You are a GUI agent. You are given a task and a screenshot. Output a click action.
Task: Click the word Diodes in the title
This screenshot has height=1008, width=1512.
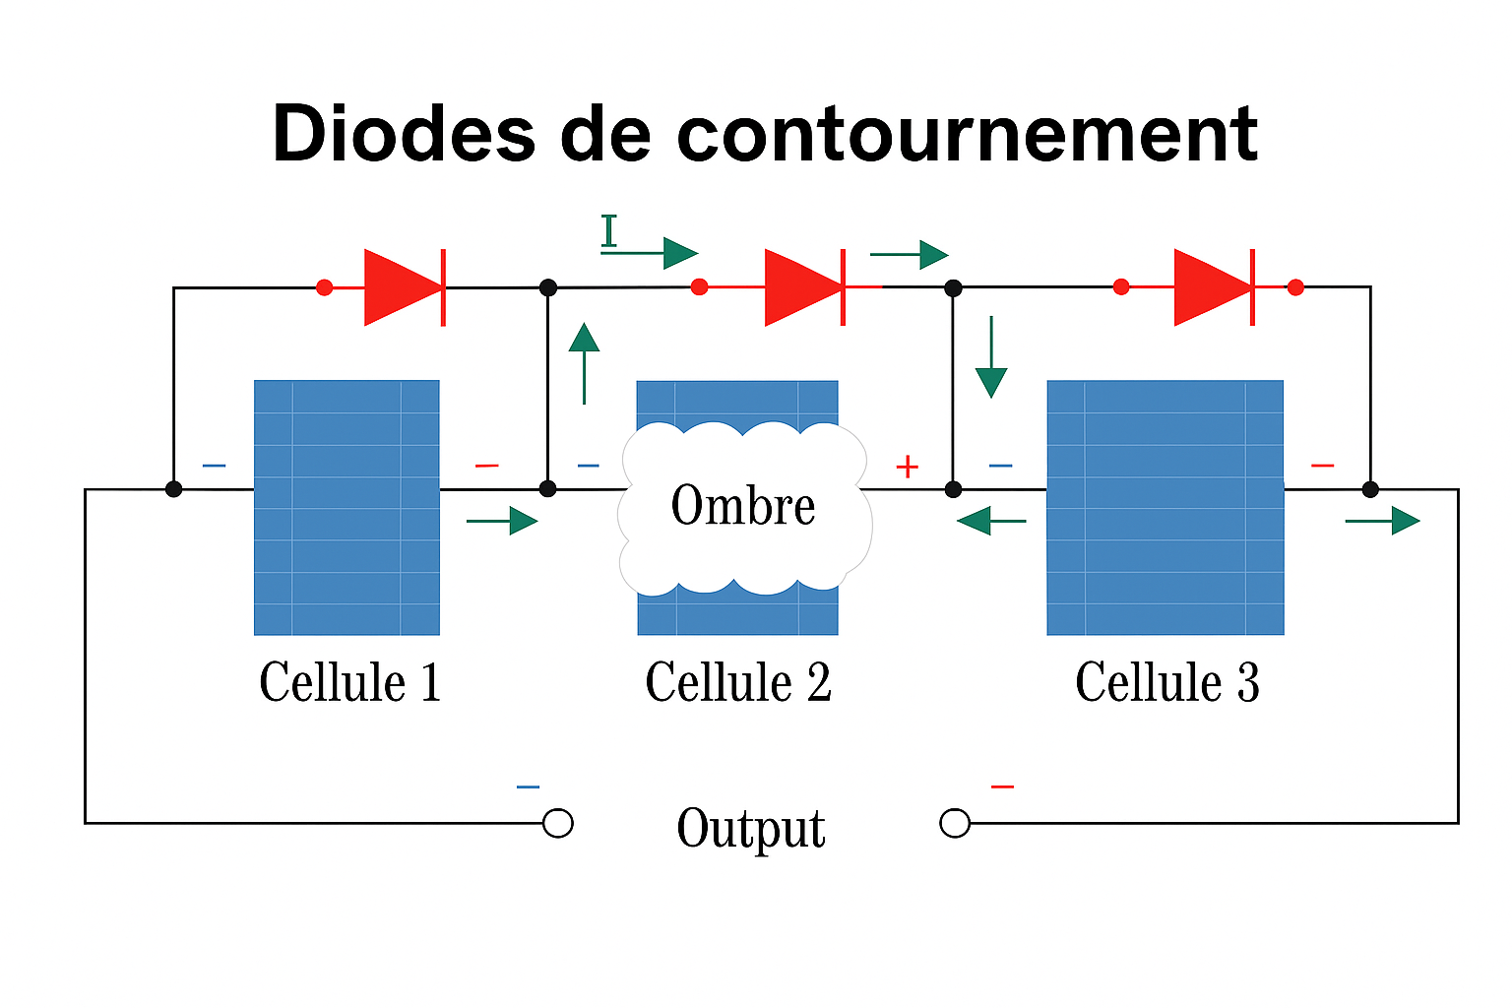click(x=404, y=134)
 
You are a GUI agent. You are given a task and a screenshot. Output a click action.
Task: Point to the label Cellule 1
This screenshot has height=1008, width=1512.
click(x=349, y=682)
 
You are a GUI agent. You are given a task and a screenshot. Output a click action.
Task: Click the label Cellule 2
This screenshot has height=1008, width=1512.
click(x=738, y=682)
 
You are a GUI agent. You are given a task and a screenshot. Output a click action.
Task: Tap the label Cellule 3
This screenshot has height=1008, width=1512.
click(x=1166, y=682)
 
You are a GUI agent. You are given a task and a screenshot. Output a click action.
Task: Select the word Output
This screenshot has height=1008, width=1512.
click(x=751, y=828)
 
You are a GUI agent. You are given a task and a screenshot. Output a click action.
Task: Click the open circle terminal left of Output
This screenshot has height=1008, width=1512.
click(x=558, y=823)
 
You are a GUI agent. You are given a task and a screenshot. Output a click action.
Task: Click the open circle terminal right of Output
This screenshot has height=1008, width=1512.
click(x=955, y=823)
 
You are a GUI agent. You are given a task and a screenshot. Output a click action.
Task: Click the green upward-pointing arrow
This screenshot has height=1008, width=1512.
click(x=584, y=362)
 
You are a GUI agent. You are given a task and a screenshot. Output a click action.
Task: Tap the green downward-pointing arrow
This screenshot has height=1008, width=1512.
click(x=991, y=357)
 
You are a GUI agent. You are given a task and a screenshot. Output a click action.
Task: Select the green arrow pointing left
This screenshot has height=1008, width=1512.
click(x=990, y=520)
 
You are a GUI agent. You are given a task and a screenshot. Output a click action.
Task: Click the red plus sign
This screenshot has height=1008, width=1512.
click(x=907, y=467)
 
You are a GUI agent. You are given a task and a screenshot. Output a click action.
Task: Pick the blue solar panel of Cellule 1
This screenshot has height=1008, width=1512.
click(x=346, y=507)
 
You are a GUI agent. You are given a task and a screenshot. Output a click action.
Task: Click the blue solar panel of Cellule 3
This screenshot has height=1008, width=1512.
click(x=1165, y=507)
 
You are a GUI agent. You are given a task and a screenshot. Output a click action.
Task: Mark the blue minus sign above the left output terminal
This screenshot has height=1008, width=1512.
click(x=528, y=787)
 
